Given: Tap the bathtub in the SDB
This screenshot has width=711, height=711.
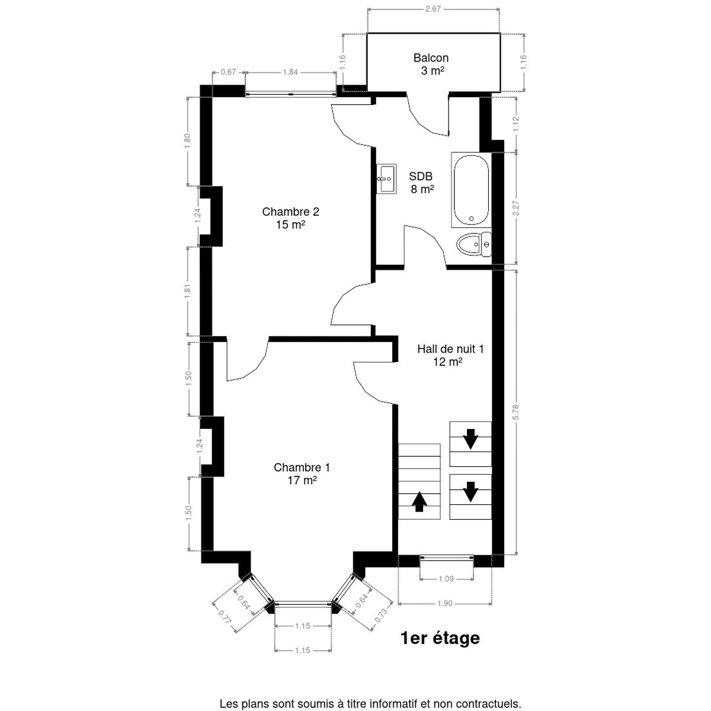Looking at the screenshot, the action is pyautogui.click(x=471, y=190).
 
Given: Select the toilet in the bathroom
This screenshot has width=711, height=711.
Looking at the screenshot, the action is pyautogui.click(x=474, y=244).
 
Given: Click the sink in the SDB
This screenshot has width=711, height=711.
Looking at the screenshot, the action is pyautogui.click(x=387, y=179).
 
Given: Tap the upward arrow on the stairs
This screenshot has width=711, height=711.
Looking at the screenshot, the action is pyautogui.click(x=419, y=502).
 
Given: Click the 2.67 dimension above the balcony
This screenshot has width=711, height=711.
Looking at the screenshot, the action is pyautogui.click(x=433, y=9).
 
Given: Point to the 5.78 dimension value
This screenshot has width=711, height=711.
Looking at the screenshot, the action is pyautogui.click(x=516, y=412).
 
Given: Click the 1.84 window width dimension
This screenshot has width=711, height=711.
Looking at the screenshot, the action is pyautogui.click(x=290, y=72).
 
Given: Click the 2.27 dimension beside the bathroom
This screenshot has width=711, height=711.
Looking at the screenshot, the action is pyautogui.click(x=516, y=209).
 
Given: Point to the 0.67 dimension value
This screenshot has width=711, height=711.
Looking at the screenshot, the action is pyautogui.click(x=228, y=72).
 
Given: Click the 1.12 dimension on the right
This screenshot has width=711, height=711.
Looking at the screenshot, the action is pyautogui.click(x=516, y=124).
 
